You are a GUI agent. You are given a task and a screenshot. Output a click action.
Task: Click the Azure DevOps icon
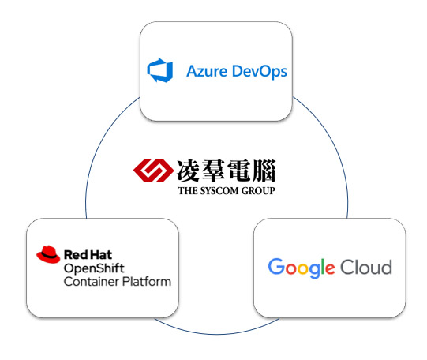coord(160,70)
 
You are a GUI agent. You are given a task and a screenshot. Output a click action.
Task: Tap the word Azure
coord(207,71)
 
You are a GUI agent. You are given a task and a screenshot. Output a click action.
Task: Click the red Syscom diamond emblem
coord(153,171)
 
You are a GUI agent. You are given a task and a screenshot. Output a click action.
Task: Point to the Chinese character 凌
coord(189,171)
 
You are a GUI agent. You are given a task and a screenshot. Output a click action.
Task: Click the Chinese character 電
coord(238,171)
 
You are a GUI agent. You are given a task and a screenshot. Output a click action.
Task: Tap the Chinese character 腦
coord(264,171)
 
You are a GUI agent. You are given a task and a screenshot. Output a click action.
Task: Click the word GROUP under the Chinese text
coord(258,190)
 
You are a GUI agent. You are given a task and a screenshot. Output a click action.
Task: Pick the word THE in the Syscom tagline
coord(188,190)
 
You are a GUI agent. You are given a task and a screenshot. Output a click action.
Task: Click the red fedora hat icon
coord(48,254)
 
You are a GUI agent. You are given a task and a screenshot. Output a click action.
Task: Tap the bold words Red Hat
coord(88,255)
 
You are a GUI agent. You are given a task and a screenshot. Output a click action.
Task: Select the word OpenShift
coord(94,268)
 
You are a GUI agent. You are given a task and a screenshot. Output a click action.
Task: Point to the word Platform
coord(147,282)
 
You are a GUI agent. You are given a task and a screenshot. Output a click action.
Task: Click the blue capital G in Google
coord(276,266)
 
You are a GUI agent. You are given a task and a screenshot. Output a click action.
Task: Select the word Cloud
coord(366,267)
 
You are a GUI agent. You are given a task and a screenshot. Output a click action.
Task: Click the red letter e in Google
coord(329,268)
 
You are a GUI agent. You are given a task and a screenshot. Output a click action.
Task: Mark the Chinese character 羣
coord(214,171)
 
